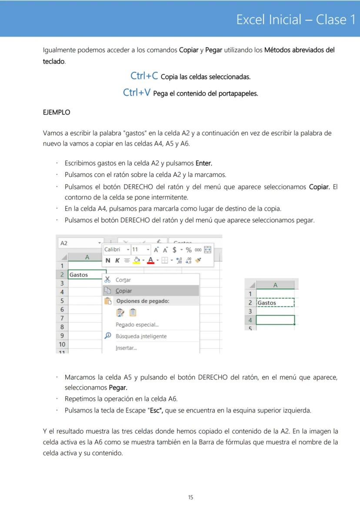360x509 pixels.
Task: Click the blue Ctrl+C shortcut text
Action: tap(144, 76)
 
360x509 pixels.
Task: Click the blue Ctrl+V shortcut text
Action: tap(137, 93)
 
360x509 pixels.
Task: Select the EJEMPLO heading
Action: tap(56, 112)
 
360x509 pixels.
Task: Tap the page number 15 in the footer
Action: tap(190, 497)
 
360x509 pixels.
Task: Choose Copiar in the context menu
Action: tap(124, 291)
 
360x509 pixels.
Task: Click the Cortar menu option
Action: tap(123, 280)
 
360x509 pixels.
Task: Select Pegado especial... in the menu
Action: tap(137, 325)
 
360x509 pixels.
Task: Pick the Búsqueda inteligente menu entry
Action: tap(141, 336)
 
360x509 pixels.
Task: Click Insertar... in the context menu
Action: tap(126, 348)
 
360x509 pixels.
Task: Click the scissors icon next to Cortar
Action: tap(108, 280)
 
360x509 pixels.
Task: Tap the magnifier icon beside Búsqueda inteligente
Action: tap(108, 336)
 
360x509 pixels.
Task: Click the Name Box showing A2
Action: tap(78, 243)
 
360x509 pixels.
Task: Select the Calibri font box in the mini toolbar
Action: tap(114, 250)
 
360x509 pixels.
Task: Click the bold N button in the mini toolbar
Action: tap(108, 260)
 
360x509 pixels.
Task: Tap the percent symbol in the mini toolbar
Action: tap(188, 250)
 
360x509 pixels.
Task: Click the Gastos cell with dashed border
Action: tap(275, 303)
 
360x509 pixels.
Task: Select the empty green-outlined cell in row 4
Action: tap(275, 320)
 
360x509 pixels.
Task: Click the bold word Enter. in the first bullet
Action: tap(204, 163)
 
